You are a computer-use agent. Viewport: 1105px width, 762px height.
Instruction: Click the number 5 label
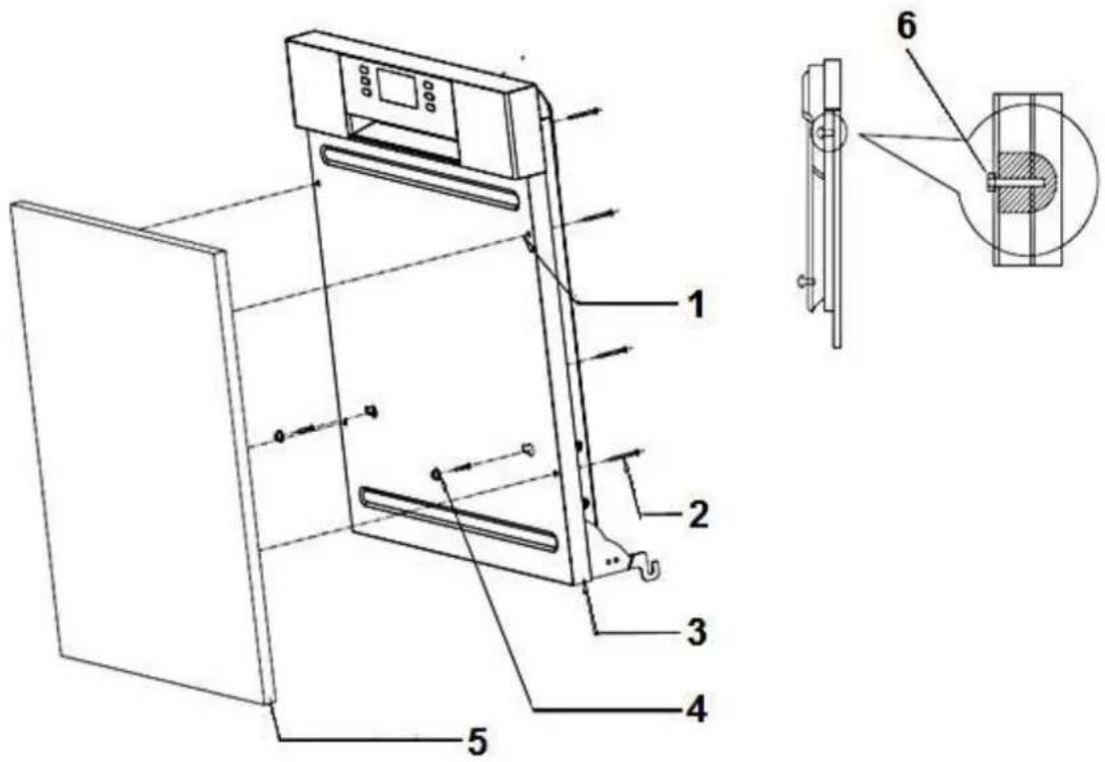477,740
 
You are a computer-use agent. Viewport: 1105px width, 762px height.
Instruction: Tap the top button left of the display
364,71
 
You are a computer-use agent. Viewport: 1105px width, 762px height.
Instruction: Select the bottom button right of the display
430,107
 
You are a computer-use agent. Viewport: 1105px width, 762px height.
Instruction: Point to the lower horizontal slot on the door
459,519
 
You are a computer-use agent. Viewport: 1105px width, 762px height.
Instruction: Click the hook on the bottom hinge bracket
650,571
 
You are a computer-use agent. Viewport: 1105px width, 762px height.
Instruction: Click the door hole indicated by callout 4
437,472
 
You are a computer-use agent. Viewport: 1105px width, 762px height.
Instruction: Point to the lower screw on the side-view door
804,283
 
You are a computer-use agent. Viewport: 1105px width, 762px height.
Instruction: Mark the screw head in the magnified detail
989,181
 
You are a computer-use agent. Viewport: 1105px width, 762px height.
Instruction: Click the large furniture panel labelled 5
140,450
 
